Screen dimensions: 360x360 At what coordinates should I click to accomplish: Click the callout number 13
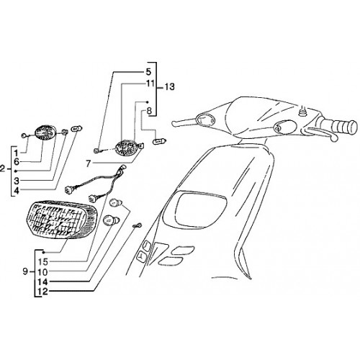pyautogui.click(x=169, y=86)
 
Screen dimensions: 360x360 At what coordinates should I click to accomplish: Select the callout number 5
pyautogui.click(x=148, y=72)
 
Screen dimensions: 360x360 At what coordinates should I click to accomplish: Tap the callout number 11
pyautogui.click(x=150, y=84)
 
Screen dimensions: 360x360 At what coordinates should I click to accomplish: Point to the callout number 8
pyautogui.click(x=149, y=111)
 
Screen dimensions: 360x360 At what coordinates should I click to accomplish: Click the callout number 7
pyautogui.click(x=89, y=164)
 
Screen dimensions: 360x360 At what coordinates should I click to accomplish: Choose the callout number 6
pyautogui.click(x=17, y=162)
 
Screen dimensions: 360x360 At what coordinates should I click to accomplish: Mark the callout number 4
pyautogui.click(x=17, y=191)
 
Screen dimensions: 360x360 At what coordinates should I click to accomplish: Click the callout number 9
pyautogui.click(x=25, y=271)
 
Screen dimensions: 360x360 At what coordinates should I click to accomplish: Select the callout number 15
pyautogui.click(x=42, y=261)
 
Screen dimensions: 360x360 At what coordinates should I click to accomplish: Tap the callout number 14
pyautogui.click(x=42, y=282)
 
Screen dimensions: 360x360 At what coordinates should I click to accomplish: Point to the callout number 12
pyautogui.click(x=42, y=292)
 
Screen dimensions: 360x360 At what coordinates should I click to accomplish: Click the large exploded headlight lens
pyautogui.click(x=61, y=220)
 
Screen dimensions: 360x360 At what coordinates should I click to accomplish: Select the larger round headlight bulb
pyautogui.click(x=111, y=220)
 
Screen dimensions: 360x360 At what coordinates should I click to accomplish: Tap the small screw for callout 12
pyautogui.click(x=138, y=225)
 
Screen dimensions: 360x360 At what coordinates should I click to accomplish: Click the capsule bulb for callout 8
pyautogui.click(x=160, y=141)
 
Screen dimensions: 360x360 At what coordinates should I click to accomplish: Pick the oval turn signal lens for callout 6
pyautogui.click(x=45, y=132)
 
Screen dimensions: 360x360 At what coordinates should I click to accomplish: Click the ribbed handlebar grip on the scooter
pyautogui.click(x=346, y=126)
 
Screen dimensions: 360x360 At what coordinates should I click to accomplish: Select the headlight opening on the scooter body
pyautogui.click(x=201, y=209)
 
